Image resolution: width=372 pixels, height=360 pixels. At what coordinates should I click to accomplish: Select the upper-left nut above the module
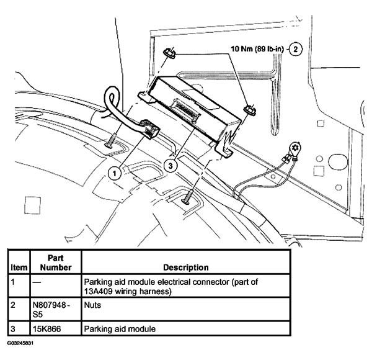(x=170, y=54)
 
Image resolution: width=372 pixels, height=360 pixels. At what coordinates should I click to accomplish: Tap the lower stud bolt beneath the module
(x=187, y=200)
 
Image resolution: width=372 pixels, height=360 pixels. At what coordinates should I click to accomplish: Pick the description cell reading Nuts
(x=94, y=305)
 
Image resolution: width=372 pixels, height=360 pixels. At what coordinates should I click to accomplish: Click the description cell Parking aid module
(x=117, y=328)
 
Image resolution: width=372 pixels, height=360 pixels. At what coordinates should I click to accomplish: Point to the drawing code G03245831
(x=21, y=343)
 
